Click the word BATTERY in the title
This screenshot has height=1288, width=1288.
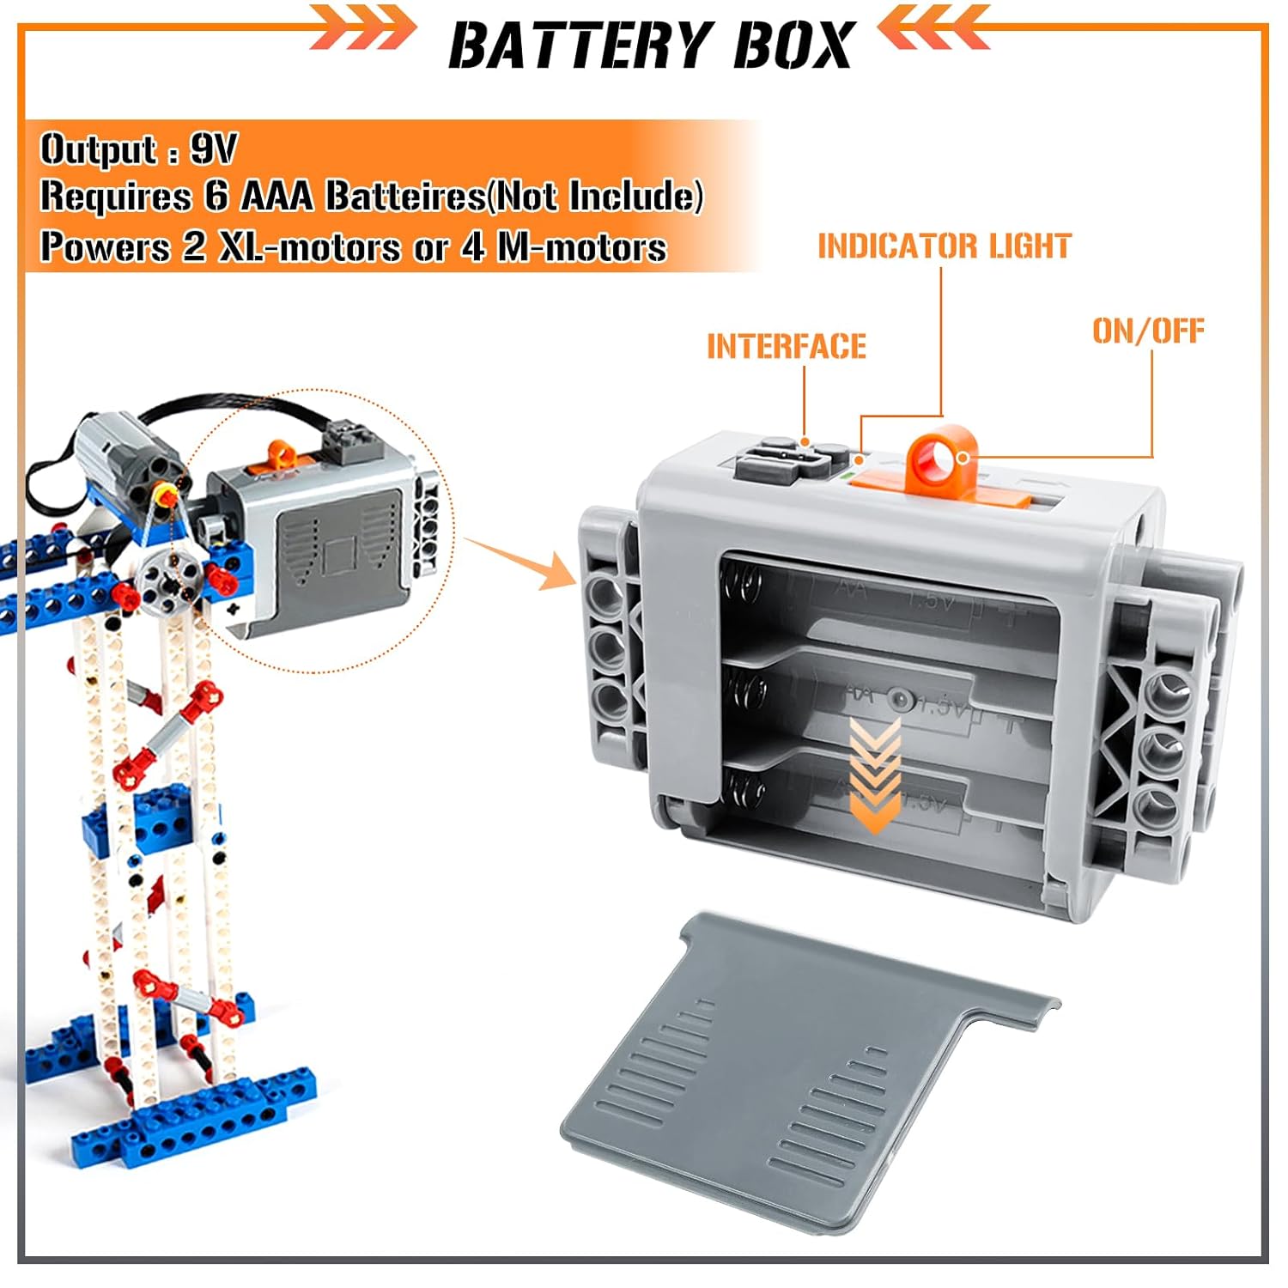click(581, 45)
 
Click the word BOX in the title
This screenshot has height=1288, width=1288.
click(793, 45)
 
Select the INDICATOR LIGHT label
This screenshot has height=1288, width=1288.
click(944, 246)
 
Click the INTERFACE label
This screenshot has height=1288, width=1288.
click(787, 347)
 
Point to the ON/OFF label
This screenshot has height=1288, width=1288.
click(1148, 331)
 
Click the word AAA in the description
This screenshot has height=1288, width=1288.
click(278, 197)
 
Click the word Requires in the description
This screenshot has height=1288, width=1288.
click(116, 197)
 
